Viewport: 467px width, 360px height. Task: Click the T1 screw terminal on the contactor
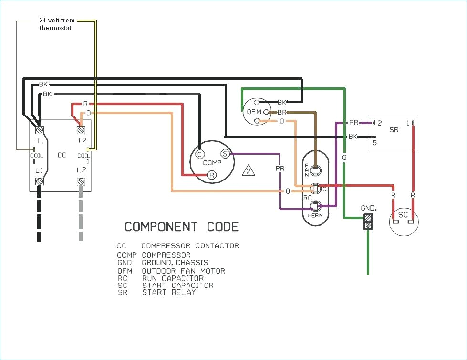[39, 129]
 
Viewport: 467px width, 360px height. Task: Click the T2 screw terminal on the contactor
[81, 129]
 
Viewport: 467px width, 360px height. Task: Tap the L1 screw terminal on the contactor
[39, 181]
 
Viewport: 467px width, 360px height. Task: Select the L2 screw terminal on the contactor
[81, 181]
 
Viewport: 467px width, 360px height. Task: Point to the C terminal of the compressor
[200, 154]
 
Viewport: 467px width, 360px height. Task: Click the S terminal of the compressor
[225, 154]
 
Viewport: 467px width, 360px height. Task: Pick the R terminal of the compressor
[212, 175]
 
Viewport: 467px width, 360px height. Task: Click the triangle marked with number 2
[248, 171]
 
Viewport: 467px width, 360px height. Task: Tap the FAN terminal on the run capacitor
[315, 169]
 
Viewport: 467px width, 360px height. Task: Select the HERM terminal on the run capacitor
[315, 206]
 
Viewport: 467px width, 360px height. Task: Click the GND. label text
[368, 209]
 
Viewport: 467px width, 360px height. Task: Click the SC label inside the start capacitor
[403, 215]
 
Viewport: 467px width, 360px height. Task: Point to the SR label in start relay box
[394, 130]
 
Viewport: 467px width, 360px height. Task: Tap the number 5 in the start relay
[374, 142]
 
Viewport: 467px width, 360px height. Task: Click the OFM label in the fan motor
[252, 112]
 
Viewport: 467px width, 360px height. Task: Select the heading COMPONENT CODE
[181, 226]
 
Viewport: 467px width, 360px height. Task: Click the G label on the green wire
[344, 157]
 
